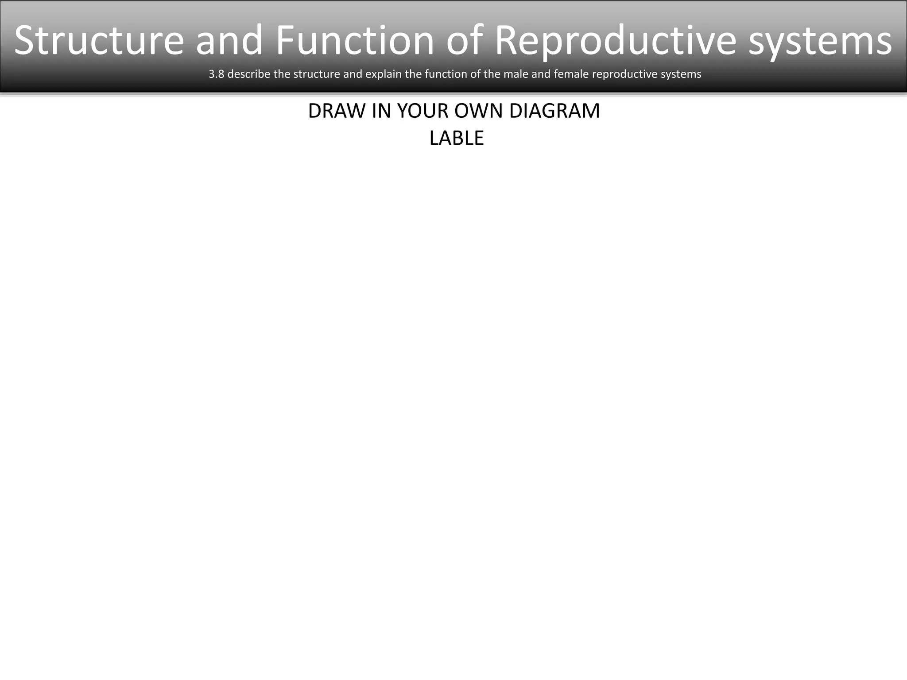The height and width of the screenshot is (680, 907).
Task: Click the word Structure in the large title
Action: pyautogui.click(x=99, y=41)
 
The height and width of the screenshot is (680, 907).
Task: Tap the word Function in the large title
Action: pyautogui.click(x=355, y=41)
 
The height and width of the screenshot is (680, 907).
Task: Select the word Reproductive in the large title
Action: pyautogui.click(x=615, y=41)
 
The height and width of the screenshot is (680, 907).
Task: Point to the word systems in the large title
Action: pyautogui.click(x=820, y=41)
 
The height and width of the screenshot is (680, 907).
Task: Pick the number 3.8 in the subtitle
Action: pyautogui.click(x=216, y=74)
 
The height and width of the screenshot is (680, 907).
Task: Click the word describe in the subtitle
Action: pyautogui.click(x=248, y=74)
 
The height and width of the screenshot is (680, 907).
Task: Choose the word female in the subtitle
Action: pyautogui.click(x=571, y=74)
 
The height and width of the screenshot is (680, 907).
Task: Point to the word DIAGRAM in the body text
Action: pyautogui.click(x=554, y=111)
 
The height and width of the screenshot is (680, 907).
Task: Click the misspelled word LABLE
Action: pyautogui.click(x=456, y=138)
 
